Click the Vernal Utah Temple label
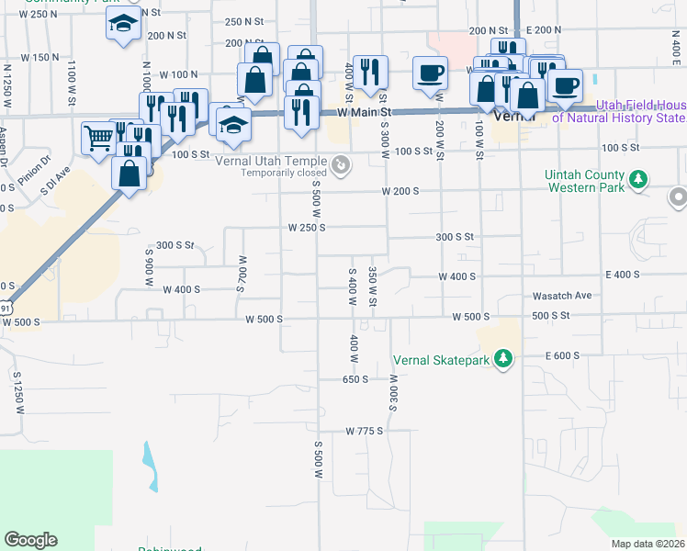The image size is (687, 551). tap(283, 159)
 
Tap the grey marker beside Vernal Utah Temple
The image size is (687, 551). tap(341, 166)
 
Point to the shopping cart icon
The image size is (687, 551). tap(98, 139)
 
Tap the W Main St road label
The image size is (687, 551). tap(365, 112)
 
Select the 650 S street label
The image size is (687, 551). tap(355, 379)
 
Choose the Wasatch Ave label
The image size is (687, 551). tap(562, 297)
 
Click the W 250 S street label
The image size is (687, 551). tap(307, 228)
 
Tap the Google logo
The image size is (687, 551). tap(30, 540)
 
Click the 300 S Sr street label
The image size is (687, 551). tap(175, 245)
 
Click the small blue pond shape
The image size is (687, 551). tap(150, 467)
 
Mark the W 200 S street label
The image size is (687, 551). tap(400, 191)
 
